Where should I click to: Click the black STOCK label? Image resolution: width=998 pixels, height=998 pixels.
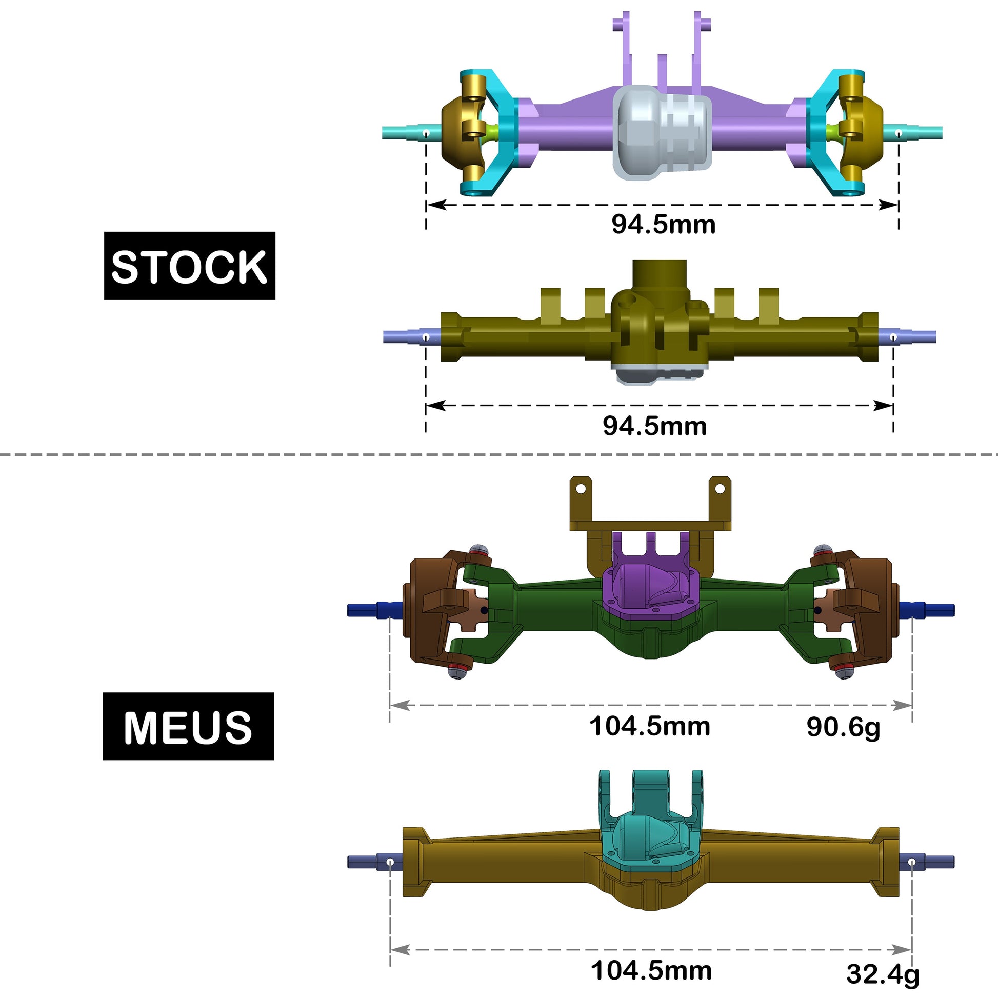click(190, 266)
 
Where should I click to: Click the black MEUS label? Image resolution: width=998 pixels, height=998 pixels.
click(188, 726)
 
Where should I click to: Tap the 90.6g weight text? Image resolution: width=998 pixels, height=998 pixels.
click(843, 727)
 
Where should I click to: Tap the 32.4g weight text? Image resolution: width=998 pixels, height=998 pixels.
click(883, 974)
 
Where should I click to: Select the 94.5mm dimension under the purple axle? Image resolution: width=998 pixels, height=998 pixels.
click(663, 225)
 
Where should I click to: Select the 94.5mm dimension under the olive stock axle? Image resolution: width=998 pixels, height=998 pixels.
click(654, 426)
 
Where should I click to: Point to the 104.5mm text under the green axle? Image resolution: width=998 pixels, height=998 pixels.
click(650, 726)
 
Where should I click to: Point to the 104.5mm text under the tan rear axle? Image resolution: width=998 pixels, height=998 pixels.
click(651, 971)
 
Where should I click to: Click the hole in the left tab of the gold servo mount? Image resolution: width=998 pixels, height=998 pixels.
click(581, 488)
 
